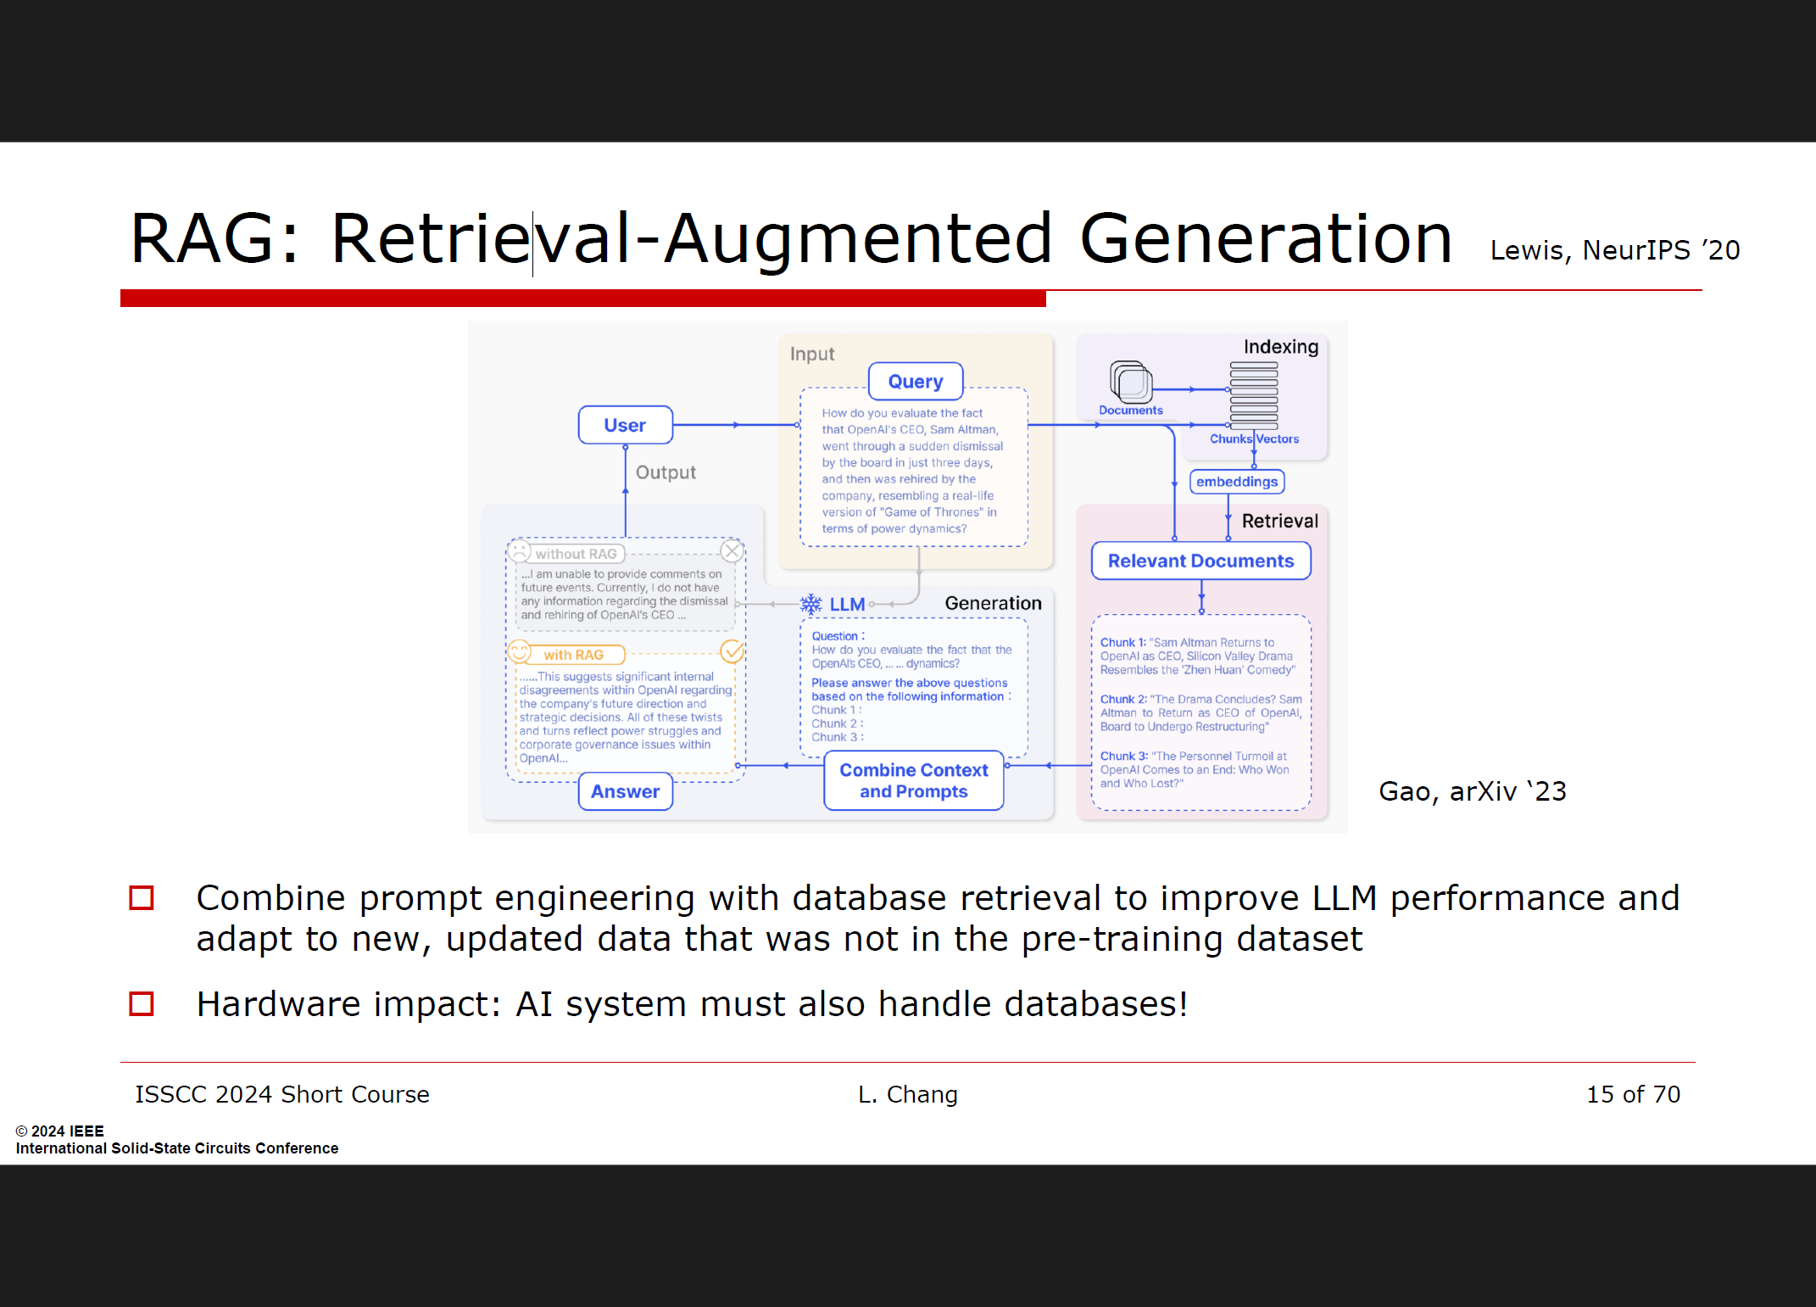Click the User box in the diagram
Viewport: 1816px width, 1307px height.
point(625,425)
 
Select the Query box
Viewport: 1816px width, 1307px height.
point(915,382)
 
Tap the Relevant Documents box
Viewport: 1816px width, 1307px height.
point(1200,561)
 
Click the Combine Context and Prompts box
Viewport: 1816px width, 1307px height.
point(913,780)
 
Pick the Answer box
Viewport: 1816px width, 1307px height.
point(625,791)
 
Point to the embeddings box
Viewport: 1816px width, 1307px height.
point(1236,482)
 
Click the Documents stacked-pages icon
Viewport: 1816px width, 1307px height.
point(1131,383)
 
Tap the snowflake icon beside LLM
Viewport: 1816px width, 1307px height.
point(811,604)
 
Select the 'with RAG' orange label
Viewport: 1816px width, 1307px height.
point(574,655)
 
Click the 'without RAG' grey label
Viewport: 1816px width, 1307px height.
point(576,554)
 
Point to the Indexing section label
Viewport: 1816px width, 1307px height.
point(1280,347)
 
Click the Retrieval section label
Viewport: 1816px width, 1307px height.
point(1279,521)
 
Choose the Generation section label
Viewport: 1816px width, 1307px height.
point(993,603)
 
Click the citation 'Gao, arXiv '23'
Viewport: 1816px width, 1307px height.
point(1472,791)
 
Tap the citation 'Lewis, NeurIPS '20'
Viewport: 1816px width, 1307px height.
point(1614,250)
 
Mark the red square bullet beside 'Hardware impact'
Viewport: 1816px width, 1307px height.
point(142,1004)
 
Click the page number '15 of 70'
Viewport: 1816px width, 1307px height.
point(1633,1094)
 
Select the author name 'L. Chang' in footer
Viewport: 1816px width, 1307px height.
point(907,1094)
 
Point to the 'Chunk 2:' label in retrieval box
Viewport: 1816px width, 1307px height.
point(1122,700)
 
